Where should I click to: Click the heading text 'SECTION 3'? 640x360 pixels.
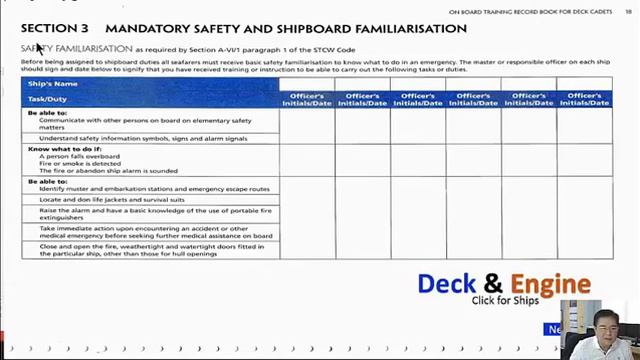(53, 28)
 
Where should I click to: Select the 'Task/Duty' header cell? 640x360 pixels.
(50, 100)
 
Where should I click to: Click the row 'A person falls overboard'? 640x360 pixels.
(80, 157)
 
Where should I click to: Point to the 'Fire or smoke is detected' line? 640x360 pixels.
(82, 164)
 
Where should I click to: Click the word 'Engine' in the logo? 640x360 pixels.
(551, 285)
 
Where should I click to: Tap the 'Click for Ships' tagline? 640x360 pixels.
(505, 301)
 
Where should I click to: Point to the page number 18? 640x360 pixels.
(628, 11)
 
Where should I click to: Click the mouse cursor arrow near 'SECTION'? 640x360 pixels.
(39, 47)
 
